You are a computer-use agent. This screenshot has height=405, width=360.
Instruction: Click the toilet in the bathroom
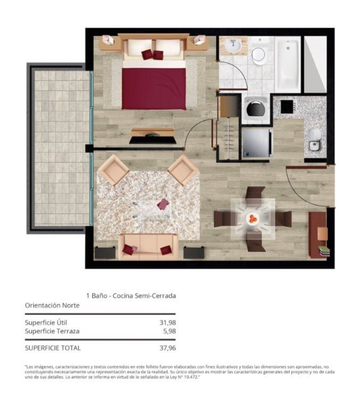click(x=258, y=51)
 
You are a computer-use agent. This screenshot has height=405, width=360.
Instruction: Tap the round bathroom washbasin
click(x=233, y=46)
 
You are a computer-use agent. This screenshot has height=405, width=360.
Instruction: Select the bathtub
click(x=288, y=64)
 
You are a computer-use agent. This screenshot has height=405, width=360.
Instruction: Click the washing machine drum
click(x=256, y=109)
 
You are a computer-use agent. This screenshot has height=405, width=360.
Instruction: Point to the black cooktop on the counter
click(x=287, y=107)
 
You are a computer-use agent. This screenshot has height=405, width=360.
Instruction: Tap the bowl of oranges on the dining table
click(x=253, y=219)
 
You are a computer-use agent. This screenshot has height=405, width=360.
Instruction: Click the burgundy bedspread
click(x=154, y=89)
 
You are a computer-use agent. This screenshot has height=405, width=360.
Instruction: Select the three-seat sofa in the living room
click(x=148, y=247)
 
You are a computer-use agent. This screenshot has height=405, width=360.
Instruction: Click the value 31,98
click(x=168, y=322)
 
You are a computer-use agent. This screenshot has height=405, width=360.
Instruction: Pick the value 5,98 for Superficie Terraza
click(x=169, y=331)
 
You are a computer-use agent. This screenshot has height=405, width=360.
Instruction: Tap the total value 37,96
click(x=168, y=348)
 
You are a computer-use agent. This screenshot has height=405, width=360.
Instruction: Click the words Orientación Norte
click(x=52, y=305)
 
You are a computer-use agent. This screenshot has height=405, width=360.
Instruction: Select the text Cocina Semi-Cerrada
click(x=144, y=296)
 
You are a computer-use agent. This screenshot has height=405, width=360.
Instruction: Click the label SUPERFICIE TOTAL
click(x=53, y=348)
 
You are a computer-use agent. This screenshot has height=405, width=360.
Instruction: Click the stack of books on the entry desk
click(x=324, y=251)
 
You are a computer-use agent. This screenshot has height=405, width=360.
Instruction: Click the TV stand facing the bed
click(x=153, y=136)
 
